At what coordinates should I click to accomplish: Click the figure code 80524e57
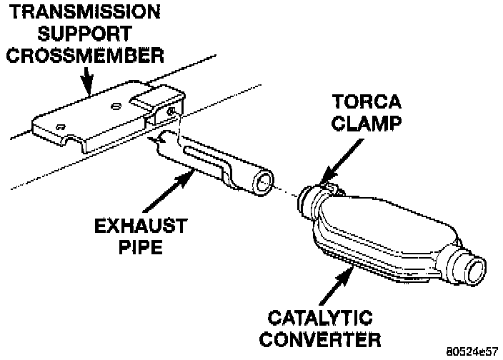click(x=472, y=352)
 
